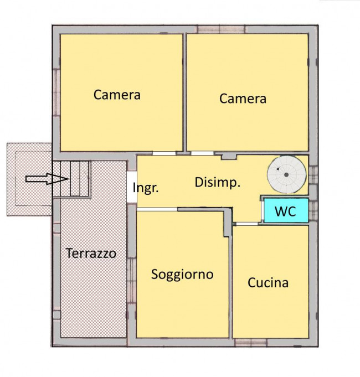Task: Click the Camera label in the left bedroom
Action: click(117, 95)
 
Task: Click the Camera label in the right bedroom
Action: click(243, 99)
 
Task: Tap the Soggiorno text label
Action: click(182, 274)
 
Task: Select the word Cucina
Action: click(268, 282)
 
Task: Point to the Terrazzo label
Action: click(91, 254)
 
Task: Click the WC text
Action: click(285, 211)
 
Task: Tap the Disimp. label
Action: click(217, 183)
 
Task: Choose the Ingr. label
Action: click(146, 188)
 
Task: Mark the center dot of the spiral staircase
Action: click(286, 175)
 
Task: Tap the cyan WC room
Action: click(285, 211)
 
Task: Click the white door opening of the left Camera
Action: click(164, 153)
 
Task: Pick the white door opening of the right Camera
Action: click(202, 153)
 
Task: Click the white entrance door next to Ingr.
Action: click(131, 188)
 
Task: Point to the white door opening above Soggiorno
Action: click(157, 209)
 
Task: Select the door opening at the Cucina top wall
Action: click(246, 224)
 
